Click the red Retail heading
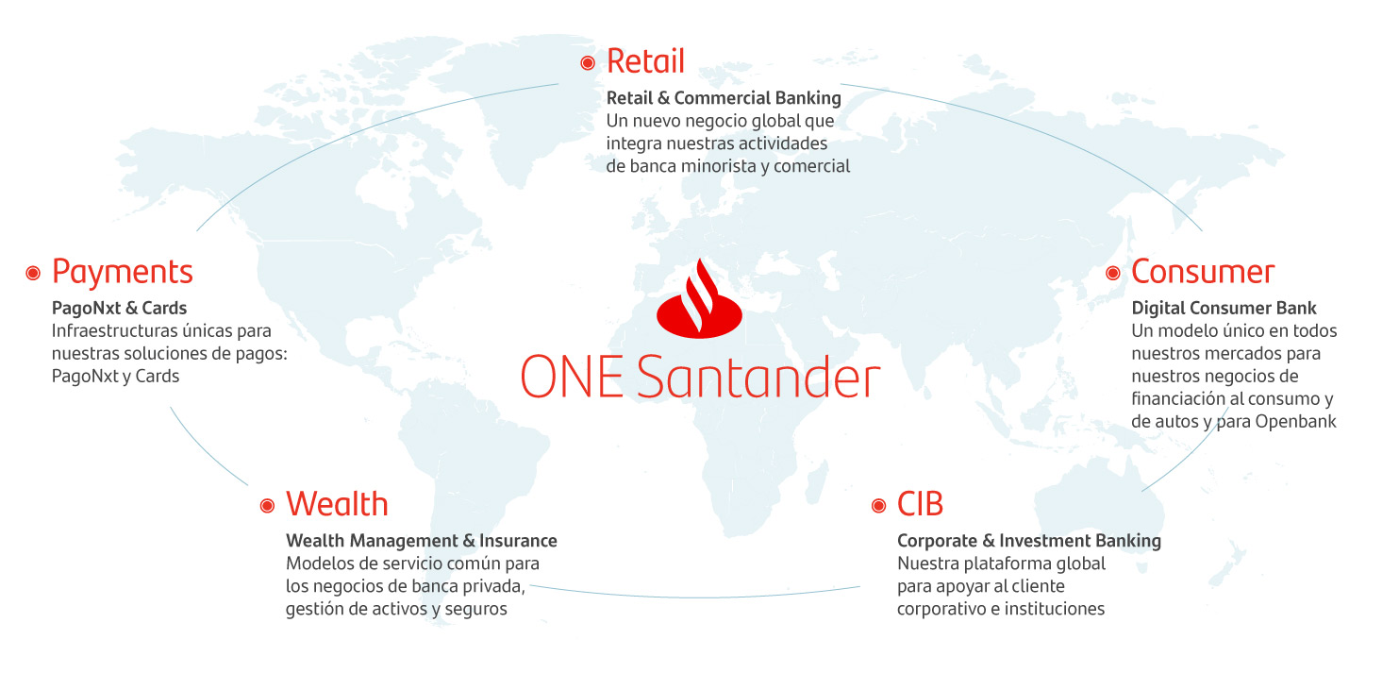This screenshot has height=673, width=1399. click(x=646, y=61)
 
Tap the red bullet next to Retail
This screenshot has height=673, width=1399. click(x=588, y=62)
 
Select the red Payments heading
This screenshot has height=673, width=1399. click(x=123, y=273)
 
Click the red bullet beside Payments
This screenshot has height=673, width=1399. click(x=33, y=273)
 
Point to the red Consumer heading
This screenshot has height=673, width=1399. click(x=1203, y=272)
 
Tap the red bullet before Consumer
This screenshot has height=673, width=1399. click(x=1113, y=273)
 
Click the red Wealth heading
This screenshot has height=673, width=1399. click(x=338, y=504)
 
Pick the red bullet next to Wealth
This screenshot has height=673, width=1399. click(x=267, y=506)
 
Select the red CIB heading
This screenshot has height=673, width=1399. click(x=920, y=504)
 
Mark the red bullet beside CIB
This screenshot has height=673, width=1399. click(x=879, y=506)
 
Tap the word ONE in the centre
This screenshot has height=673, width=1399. click(x=572, y=377)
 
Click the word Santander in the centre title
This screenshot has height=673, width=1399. click(x=758, y=377)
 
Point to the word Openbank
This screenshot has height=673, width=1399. click(x=1296, y=422)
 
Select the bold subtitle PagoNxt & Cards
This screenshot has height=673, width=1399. click(x=119, y=308)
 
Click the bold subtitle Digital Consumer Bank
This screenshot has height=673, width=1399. click(x=1224, y=308)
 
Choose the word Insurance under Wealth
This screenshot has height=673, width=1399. click(x=518, y=541)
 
